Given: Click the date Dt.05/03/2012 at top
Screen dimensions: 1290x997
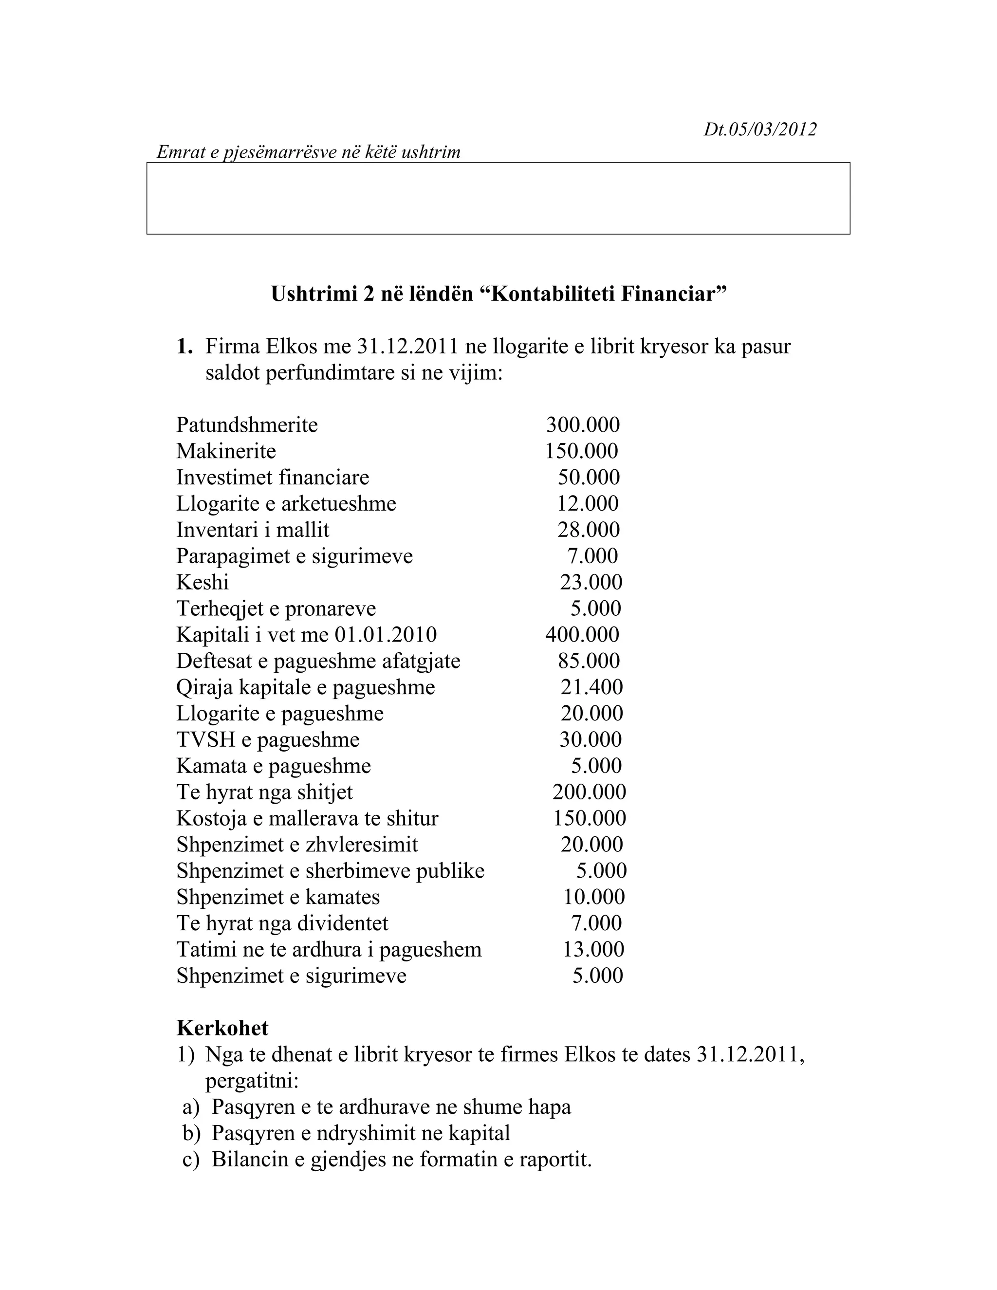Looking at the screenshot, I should (759, 129).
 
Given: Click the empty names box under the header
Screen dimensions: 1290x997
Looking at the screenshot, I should (498, 199).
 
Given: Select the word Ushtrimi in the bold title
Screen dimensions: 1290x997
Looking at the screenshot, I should (311, 294).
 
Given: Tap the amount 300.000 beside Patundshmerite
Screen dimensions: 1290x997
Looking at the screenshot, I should (582, 424).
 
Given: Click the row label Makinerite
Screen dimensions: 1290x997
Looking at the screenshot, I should (226, 451).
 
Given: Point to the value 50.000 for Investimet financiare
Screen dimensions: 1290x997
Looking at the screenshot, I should (589, 477).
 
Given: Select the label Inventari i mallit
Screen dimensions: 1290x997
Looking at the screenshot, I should (253, 530).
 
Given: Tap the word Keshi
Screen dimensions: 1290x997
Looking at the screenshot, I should (203, 582).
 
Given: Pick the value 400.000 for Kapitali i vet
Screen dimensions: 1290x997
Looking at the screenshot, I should (582, 634).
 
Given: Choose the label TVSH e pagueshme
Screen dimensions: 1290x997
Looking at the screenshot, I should (268, 739).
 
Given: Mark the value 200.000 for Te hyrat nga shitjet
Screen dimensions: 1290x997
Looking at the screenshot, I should (589, 792).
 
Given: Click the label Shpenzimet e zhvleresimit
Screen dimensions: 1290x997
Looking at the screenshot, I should (297, 845).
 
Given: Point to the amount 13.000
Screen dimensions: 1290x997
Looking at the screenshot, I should (593, 949).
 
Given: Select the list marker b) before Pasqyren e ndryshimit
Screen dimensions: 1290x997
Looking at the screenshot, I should (191, 1133).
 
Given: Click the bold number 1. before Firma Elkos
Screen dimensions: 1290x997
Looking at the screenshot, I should (185, 347).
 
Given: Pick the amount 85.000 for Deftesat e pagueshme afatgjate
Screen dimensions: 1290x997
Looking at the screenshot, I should (589, 661).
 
